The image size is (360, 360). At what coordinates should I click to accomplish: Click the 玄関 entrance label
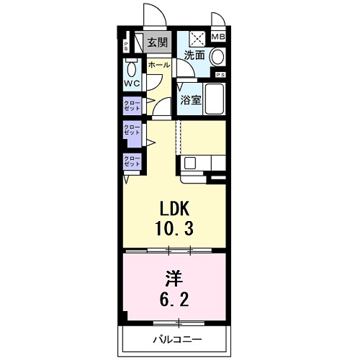[x=158, y=42]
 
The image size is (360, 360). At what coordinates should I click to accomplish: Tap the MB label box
[x=217, y=37]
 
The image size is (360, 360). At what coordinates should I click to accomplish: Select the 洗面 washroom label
[x=193, y=55]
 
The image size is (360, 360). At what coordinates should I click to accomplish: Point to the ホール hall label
[x=158, y=65]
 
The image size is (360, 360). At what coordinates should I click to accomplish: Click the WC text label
[x=131, y=84]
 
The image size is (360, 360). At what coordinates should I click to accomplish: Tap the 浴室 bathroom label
[x=191, y=100]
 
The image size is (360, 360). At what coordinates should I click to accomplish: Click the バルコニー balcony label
[x=177, y=338]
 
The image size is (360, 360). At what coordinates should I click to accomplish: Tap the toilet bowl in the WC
[x=131, y=70]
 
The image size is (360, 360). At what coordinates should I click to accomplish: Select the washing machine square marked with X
[x=197, y=37]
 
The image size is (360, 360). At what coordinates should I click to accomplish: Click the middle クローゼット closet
[x=132, y=132]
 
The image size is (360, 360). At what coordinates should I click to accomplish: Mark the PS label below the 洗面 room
[x=220, y=75]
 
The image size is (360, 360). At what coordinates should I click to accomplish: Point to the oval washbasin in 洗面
[x=218, y=56]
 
